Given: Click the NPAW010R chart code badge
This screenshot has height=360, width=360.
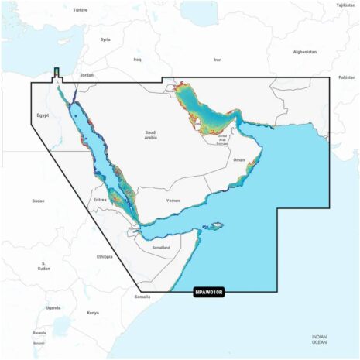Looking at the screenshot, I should point(208,292).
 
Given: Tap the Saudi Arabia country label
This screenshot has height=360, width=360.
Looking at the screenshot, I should point(151,135).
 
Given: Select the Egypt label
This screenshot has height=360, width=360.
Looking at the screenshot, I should point(43,115).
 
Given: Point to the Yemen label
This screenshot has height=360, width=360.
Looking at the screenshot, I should point(173,200).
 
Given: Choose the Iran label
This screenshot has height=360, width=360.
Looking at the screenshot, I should point(218,60).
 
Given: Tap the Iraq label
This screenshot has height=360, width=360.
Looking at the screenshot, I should point(138,59).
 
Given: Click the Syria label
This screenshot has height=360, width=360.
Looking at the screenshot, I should point(105,39).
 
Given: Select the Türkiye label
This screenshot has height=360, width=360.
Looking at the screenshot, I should point(81,10).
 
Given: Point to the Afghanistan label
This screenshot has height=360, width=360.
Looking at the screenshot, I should point(305,52).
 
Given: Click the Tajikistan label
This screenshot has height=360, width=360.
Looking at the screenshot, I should point(346,5).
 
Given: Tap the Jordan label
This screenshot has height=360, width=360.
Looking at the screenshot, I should point(87,75).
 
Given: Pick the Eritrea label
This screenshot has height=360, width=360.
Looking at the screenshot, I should point(99,199).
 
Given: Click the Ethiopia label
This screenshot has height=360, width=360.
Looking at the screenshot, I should point(105,256).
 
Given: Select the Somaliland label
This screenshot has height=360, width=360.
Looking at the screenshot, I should point(160,246).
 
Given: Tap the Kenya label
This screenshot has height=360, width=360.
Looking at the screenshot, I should point(93,313).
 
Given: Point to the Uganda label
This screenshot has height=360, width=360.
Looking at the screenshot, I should point(53,307).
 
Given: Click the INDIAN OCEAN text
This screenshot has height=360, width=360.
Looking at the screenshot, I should point(320,339).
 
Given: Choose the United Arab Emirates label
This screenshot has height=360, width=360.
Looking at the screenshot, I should point(222,140).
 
